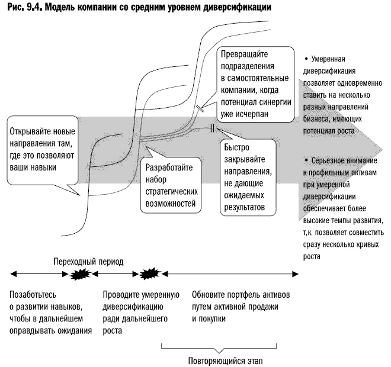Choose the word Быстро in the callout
(x=237, y=149)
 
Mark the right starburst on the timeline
(x=149, y=273)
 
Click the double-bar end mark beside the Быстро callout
(x=211, y=128)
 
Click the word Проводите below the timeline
(x=123, y=295)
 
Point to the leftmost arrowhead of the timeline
(x=11, y=273)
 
